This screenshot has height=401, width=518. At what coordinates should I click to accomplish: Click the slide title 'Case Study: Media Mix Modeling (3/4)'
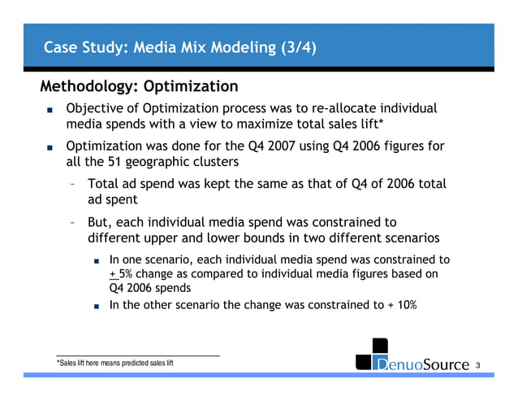click(179, 47)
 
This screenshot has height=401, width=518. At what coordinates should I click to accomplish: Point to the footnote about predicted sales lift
click(114, 363)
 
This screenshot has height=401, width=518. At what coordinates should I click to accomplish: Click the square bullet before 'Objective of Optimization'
click(50, 110)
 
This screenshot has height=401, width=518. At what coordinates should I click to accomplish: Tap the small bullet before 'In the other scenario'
click(96, 307)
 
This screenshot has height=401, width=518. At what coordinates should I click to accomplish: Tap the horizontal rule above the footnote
click(138, 355)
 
